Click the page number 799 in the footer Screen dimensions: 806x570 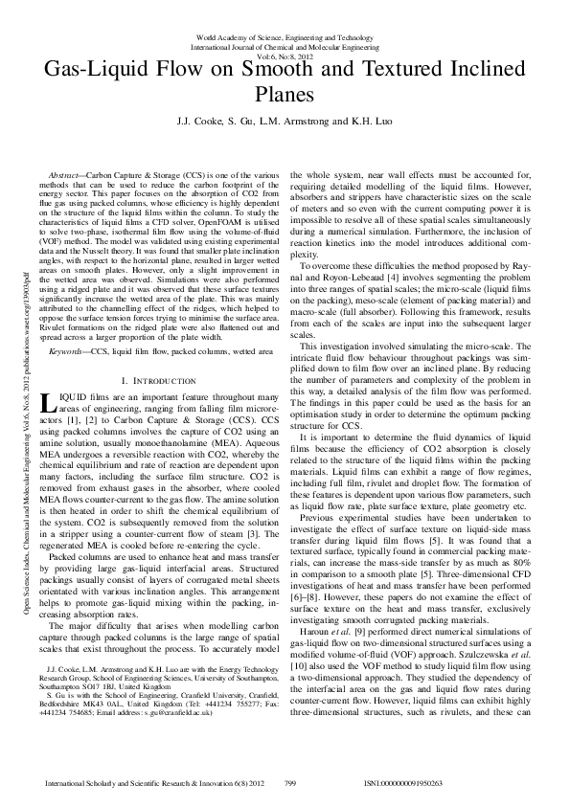point(290,783)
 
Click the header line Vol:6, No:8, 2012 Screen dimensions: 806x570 point(285,56)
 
